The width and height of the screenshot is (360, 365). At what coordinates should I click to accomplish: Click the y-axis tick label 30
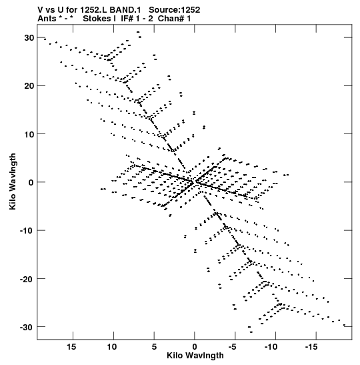pyautogui.click(x=29, y=38)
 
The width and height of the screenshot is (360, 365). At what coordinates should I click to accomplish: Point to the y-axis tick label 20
pyautogui.click(x=29, y=86)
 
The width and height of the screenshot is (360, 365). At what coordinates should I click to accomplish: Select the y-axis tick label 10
pyautogui.click(x=29, y=134)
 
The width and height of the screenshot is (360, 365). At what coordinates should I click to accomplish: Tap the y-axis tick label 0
pyautogui.click(x=31, y=182)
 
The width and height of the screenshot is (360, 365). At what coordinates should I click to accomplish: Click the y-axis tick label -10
pyautogui.click(x=27, y=230)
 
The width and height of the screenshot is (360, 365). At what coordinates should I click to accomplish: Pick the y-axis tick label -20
pyautogui.click(x=27, y=279)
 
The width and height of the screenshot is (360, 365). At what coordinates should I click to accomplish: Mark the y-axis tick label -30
pyautogui.click(x=27, y=327)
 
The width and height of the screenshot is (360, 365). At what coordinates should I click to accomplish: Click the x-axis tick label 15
pyautogui.click(x=71, y=346)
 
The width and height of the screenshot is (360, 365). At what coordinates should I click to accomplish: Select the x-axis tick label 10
pyautogui.click(x=112, y=346)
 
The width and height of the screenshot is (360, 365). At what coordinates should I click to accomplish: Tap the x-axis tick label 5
pyautogui.click(x=154, y=346)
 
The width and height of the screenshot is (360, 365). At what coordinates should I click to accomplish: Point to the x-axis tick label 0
pyautogui.click(x=195, y=346)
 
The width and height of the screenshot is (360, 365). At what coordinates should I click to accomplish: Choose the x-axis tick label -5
pyautogui.click(x=233, y=346)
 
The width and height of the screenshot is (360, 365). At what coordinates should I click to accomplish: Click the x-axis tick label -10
pyautogui.click(x=271, y=346)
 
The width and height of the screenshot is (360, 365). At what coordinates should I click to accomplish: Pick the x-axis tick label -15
pyautogui.click(x=311, y=346)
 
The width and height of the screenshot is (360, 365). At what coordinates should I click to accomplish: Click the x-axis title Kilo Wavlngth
pyautogui.click(x=195, y=356)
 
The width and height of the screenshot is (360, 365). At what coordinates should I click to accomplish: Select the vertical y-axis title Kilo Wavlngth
pyautogui.click(x=13, y=181)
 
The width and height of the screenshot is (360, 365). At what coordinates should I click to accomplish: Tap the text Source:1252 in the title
pyautogui.click(x=175, y=10)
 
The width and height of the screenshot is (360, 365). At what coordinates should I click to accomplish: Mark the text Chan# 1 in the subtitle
pyautogui.click(x=174, y=19)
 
